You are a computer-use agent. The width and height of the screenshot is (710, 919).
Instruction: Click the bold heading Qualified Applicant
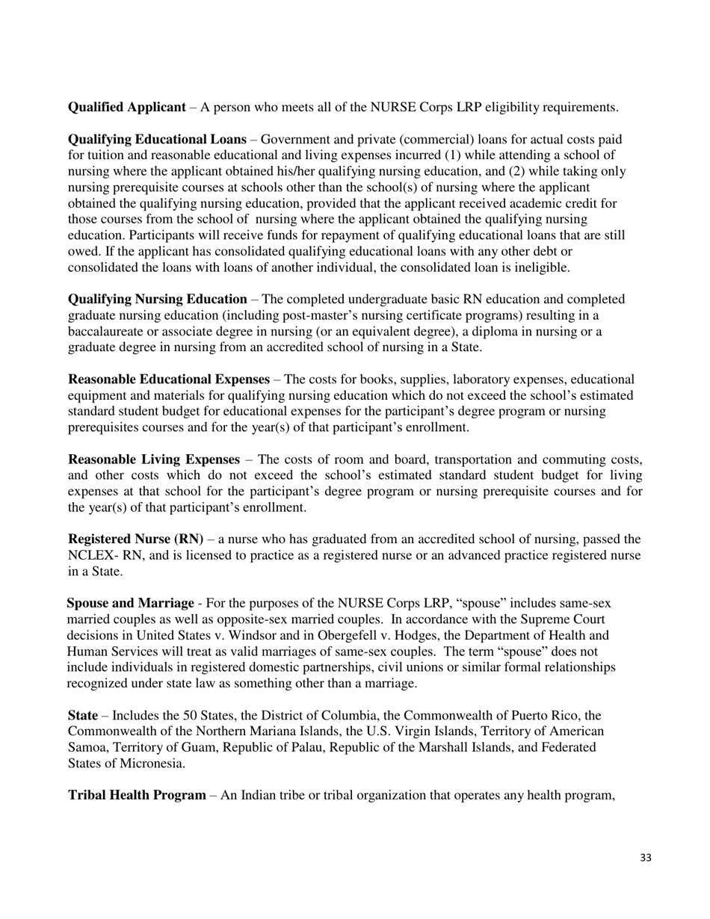pyautogui.click(x=126, y=108)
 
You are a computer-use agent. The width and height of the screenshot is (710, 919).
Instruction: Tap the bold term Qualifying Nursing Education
pyautogui.click(x=157, y=300)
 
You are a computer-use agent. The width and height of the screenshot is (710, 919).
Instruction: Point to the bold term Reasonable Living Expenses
pyautogui.click(x=154, y=459)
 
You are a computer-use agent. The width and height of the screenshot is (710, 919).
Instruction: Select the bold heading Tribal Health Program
pyautogui.click(x=137, y=796)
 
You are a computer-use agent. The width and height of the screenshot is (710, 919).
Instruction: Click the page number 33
pyautogui.click(x=646, y=858)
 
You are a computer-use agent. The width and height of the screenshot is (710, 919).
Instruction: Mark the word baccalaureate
pyautogui.click(x=106, y=332)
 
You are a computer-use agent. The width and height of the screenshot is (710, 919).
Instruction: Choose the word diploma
pyautogui.click(x=510, y=332)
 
